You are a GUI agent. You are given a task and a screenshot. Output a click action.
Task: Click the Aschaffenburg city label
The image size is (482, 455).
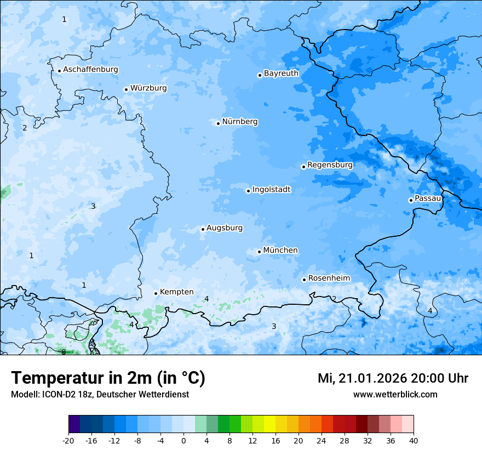(90, 70)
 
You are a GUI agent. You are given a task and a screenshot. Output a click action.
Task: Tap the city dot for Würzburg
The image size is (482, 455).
(126, 89)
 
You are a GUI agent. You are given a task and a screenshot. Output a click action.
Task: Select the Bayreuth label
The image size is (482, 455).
(281, 73)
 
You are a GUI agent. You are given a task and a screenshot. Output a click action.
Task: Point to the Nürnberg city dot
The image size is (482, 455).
(218, 123)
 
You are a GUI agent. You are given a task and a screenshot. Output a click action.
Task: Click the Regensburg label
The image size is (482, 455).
(330, 165)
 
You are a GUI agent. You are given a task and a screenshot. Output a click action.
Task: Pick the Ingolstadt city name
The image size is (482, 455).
(271, 190)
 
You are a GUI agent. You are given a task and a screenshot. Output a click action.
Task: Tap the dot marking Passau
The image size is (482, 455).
(411, 200)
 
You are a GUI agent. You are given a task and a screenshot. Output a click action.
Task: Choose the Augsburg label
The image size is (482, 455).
(224, 228)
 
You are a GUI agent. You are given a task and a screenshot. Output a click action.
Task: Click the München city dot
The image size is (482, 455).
(259, 252)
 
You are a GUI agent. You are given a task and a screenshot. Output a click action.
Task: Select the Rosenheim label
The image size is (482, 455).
(329, 278)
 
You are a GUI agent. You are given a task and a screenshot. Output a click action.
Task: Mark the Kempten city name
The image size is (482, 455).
(176, 292)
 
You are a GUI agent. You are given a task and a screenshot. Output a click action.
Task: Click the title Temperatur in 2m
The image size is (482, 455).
(108, 378)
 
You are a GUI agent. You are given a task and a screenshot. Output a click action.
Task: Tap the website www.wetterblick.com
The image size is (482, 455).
(395, 395)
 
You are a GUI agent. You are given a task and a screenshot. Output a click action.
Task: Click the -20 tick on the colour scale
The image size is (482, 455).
(69, 441)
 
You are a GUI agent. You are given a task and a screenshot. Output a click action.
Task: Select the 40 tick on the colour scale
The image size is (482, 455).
(413, 441)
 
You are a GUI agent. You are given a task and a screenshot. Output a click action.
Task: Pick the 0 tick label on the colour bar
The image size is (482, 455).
(183, 441)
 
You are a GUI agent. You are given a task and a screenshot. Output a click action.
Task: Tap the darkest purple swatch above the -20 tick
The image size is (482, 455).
(74, 424)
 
